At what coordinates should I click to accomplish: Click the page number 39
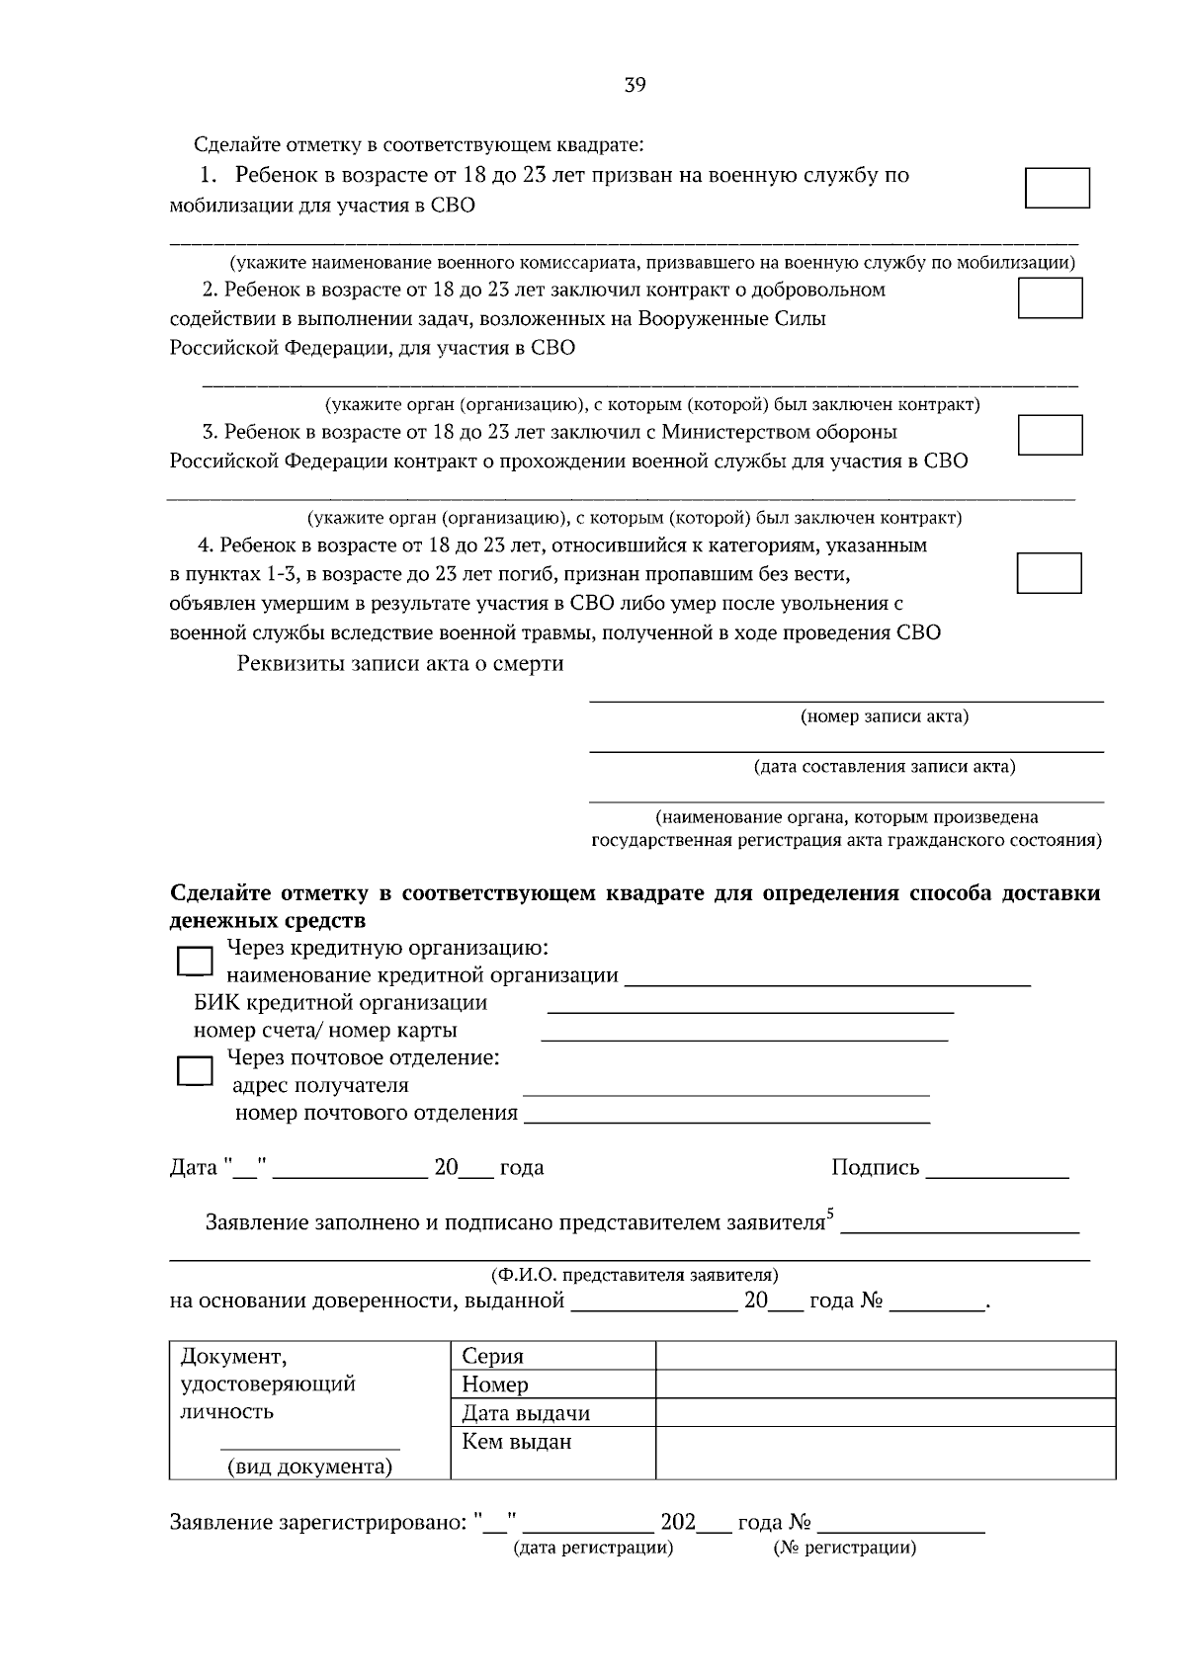(x=635, y=86)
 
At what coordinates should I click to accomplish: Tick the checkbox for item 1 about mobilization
(x=1057, y=188)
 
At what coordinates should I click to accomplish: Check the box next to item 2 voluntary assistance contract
(x=1050, y=297)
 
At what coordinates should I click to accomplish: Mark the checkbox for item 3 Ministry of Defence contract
(x=1050, y=435)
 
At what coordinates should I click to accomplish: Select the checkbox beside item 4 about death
(x=1049, y=573)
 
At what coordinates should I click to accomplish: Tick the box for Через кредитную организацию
(x=195, y=962)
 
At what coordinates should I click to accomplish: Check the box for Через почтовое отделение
(x=195, y=1071)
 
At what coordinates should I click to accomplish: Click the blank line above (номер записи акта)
(x=846, y=700)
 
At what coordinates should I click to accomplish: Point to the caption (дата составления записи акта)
(x=884, y=767)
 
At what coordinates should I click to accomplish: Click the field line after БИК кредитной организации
(x=750, y=1012)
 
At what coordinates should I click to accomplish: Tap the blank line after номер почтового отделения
(x=726, y=1123)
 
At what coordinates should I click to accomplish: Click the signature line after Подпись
(x=997, y=1177)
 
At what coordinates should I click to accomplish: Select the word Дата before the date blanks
(x=194, y=1168)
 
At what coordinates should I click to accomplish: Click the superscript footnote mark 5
(x=830, y=1214)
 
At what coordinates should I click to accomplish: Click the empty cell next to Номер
(x=885, y=1384)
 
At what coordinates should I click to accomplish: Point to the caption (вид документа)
(x=309, y=1467)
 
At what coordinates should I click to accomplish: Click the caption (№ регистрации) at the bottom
(x=845, y=1548)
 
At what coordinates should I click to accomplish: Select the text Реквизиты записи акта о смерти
(x=400, y=664)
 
